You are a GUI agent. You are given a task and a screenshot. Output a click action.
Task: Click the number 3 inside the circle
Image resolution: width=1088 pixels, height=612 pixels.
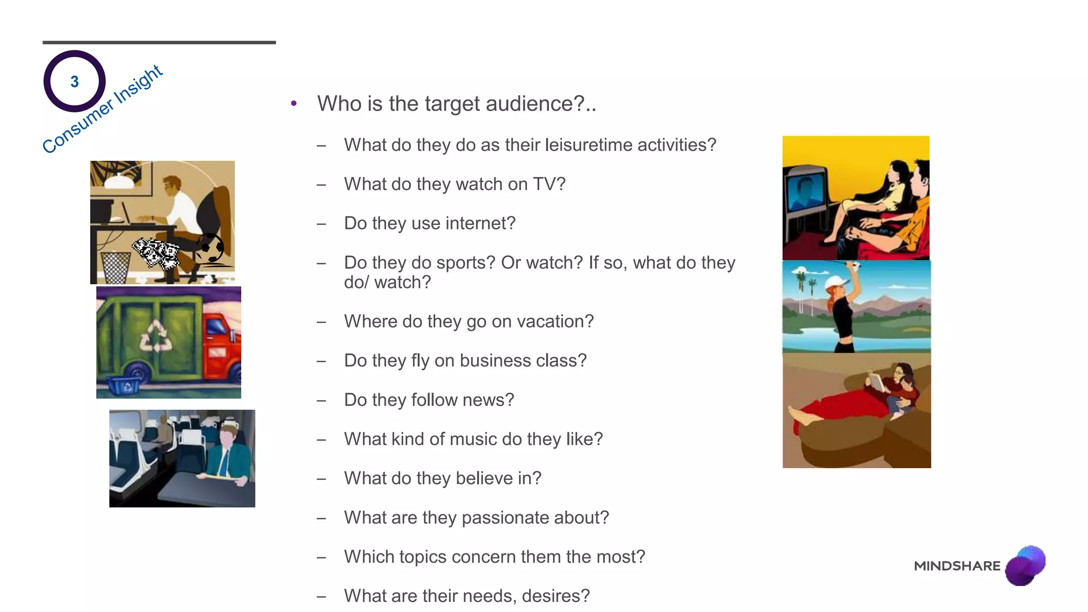click(x=74, y=81)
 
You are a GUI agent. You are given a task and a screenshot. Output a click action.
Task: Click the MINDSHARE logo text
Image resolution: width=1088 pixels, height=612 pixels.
click(x=957, y=566)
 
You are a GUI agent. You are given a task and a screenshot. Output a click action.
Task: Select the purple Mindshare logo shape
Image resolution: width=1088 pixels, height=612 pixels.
click(x=1025, y=565)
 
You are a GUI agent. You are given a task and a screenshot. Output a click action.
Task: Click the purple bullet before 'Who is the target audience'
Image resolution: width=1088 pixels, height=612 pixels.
click(x=294, y=104)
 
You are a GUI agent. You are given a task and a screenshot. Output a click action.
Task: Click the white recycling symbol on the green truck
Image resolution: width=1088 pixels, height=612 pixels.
click(x=156, y=337)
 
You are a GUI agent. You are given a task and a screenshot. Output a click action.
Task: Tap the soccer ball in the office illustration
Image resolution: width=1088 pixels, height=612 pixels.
click(x=209, y=248)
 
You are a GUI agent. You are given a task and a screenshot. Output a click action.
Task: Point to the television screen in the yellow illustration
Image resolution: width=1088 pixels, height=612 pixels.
click(x=805, y=194)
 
